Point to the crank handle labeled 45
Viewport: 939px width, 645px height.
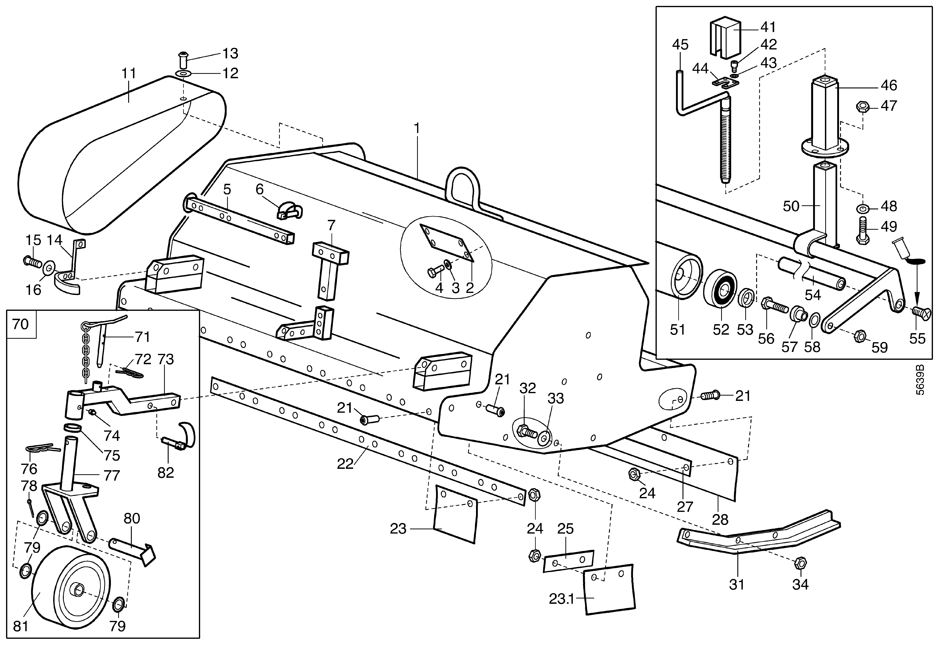pos(703,129)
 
